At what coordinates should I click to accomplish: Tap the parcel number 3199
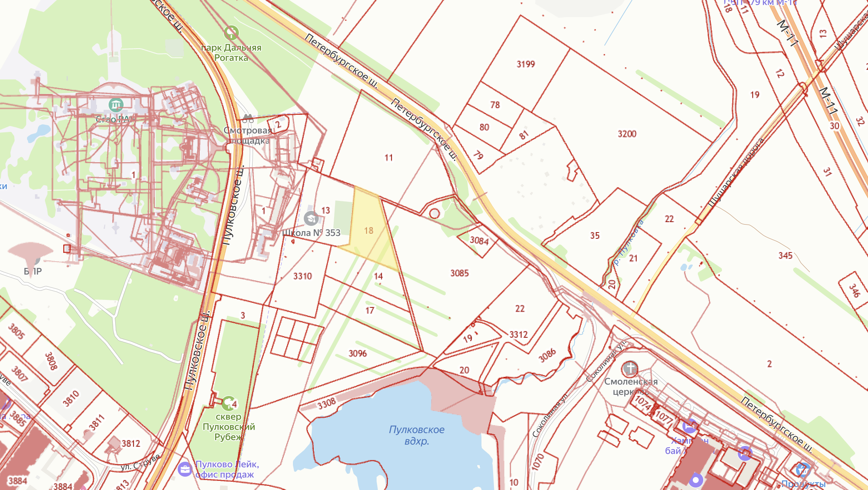coord(526,64)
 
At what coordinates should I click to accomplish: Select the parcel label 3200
coord(627,134)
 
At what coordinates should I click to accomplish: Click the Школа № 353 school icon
coord(311,218)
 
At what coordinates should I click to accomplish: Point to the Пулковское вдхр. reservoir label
coord(417,435)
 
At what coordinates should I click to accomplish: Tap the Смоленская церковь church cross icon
coord(630,368)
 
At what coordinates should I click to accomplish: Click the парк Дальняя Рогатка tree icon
coord(231,32)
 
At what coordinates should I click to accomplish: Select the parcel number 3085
coord(459,273)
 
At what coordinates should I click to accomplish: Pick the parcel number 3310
coord(303,276)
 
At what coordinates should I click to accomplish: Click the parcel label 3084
coord(479,240)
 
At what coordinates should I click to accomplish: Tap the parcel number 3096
coord(357,354)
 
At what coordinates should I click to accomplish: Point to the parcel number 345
coord(785,255)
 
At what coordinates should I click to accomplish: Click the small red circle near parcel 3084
coord(434,213)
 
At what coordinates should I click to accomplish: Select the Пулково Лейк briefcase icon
coord(185,469)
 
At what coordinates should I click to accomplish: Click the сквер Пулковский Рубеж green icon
coord(228,403)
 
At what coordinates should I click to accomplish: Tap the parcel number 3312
coord(518,334)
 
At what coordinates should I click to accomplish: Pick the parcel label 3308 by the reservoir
coord(326,403)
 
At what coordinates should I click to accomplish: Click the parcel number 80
coord(484,127)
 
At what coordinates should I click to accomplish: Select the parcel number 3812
coord(131,443)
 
